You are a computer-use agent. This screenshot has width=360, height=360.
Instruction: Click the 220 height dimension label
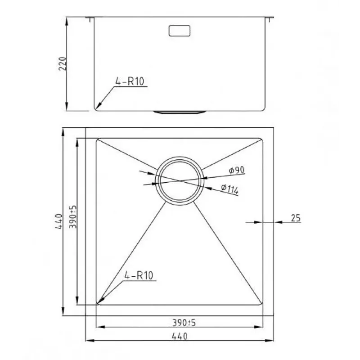pos(63,63)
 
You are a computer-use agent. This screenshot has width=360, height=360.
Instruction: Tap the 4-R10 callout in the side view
pos(130,81)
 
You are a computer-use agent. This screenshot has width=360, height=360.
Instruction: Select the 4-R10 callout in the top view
pos(139,275)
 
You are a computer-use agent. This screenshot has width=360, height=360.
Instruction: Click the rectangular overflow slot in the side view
pos(179,31)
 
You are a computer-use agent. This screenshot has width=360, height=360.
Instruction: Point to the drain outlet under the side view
pos(180,112)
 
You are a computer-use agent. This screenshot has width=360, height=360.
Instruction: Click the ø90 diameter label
pos(237,170)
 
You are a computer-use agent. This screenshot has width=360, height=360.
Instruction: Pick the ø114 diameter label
pos(229,189)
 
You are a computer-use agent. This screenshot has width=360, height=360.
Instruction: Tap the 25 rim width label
pos(296,218)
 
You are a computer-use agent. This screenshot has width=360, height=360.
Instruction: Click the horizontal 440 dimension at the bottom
pos(180,336)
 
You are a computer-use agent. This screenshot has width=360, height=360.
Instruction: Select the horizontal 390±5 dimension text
pos(184,323)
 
